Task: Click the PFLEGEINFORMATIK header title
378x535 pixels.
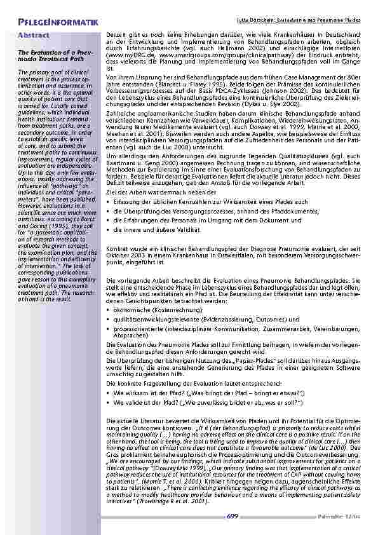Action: (x=58, y=24)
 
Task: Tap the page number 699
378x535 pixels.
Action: (x=232, y=516)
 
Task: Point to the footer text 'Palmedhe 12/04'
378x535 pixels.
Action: (x=348, y=517)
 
